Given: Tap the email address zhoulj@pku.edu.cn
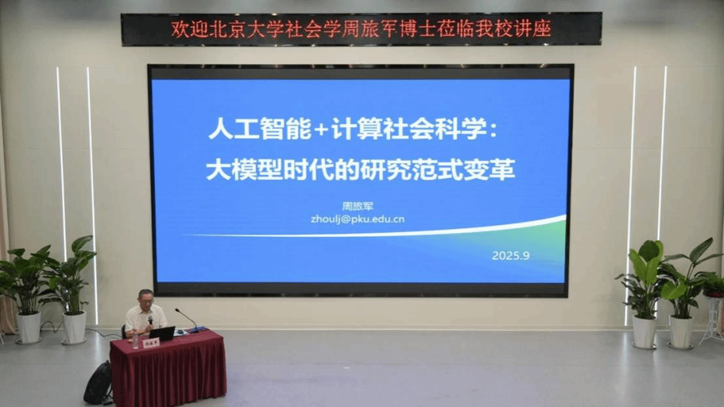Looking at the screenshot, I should tap(357, 219).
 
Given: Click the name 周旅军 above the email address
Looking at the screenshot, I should tap(357, 205).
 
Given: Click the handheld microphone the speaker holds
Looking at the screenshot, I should tap(150, 320).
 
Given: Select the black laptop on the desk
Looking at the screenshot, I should tap(162, 333).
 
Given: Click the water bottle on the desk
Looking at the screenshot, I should tap(135, 339).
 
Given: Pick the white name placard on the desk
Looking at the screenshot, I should tap(151, 342).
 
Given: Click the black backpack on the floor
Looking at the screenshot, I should tap(98, 382).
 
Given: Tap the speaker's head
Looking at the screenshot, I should tap(145, 298).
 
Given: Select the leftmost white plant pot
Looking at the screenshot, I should tap(28, 327).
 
